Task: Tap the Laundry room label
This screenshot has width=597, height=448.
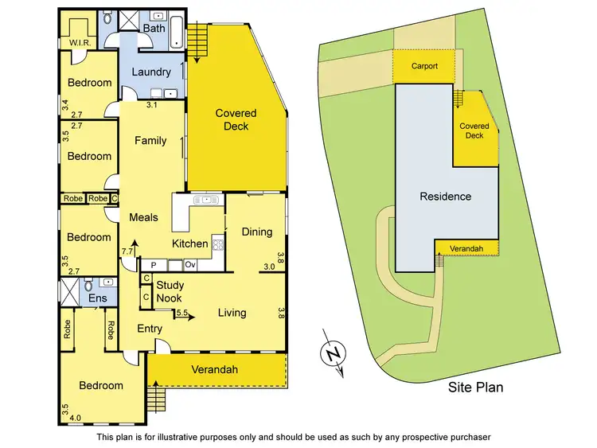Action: [x=151, y=72]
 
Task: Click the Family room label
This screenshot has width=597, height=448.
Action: [x=150, y=141]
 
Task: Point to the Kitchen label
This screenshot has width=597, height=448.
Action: [x=190, y=243]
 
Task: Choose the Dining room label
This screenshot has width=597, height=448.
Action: [x=257, y=232]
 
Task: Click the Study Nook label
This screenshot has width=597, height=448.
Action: [x=169, y=292]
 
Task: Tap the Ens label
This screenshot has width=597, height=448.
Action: [x=96, y=298]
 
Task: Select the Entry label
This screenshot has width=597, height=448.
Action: [x=150, y=329]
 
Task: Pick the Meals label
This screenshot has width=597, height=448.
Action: [x=143, y=217]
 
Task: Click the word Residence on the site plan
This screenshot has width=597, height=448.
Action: [x=446, y=197]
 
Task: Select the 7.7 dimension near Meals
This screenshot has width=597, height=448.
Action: [x=127, y=251]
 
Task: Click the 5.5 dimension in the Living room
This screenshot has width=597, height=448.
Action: [x=183, y=314]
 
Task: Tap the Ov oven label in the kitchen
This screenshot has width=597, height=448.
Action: [x=190, y=264]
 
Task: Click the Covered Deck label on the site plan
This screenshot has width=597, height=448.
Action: [x=474, y=131]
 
